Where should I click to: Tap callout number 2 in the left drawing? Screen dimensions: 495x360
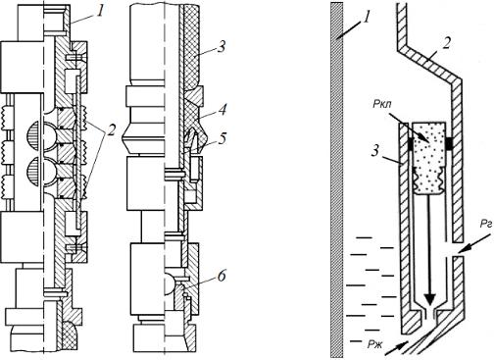[111, 129]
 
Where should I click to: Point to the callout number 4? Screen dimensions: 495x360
[222, 110]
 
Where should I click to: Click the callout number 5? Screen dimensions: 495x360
[222, 139]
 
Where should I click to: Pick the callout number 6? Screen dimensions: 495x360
[222, 277]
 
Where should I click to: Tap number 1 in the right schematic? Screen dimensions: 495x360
[368, 17]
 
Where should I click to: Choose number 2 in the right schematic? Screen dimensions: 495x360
[446, 43]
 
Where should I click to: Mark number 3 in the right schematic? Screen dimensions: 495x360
[376, 151]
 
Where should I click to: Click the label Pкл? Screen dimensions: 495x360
[381, 105]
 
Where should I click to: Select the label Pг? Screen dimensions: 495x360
[486, 225]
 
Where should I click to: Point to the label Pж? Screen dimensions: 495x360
[374, 344]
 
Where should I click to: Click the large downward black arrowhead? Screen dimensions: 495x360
[429, 298]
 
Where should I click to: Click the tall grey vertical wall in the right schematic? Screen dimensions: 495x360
[336, 180]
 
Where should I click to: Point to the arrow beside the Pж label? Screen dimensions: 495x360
[396, 348]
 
